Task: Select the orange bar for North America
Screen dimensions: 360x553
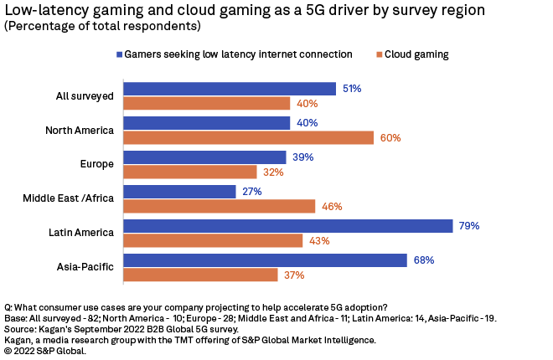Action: click(248, 137)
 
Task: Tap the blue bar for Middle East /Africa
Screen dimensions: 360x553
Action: click(179, 192)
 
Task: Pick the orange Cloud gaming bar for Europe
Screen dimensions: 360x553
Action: click(189, 172)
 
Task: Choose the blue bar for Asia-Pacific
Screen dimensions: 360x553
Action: click(265, 260)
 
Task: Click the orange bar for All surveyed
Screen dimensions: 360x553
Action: click(206, 103)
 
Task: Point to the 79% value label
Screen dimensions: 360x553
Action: click(468, 226)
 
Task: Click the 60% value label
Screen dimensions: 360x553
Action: click(390, 137)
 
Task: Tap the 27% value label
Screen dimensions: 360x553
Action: click(252, 192)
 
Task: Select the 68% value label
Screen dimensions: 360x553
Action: click(423, 260)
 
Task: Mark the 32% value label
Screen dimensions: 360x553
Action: click(273, 172)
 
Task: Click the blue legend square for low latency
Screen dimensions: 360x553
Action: click(120, 54)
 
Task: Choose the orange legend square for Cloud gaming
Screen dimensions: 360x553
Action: click(380, 54)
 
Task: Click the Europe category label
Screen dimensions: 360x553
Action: click(98, 164)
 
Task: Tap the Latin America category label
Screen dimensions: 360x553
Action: click(82, 233)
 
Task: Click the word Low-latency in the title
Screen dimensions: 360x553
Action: click(42, 10)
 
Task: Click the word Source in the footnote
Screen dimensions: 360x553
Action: click(21, 330)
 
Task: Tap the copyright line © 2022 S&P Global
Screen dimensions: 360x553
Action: click(45, 351)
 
